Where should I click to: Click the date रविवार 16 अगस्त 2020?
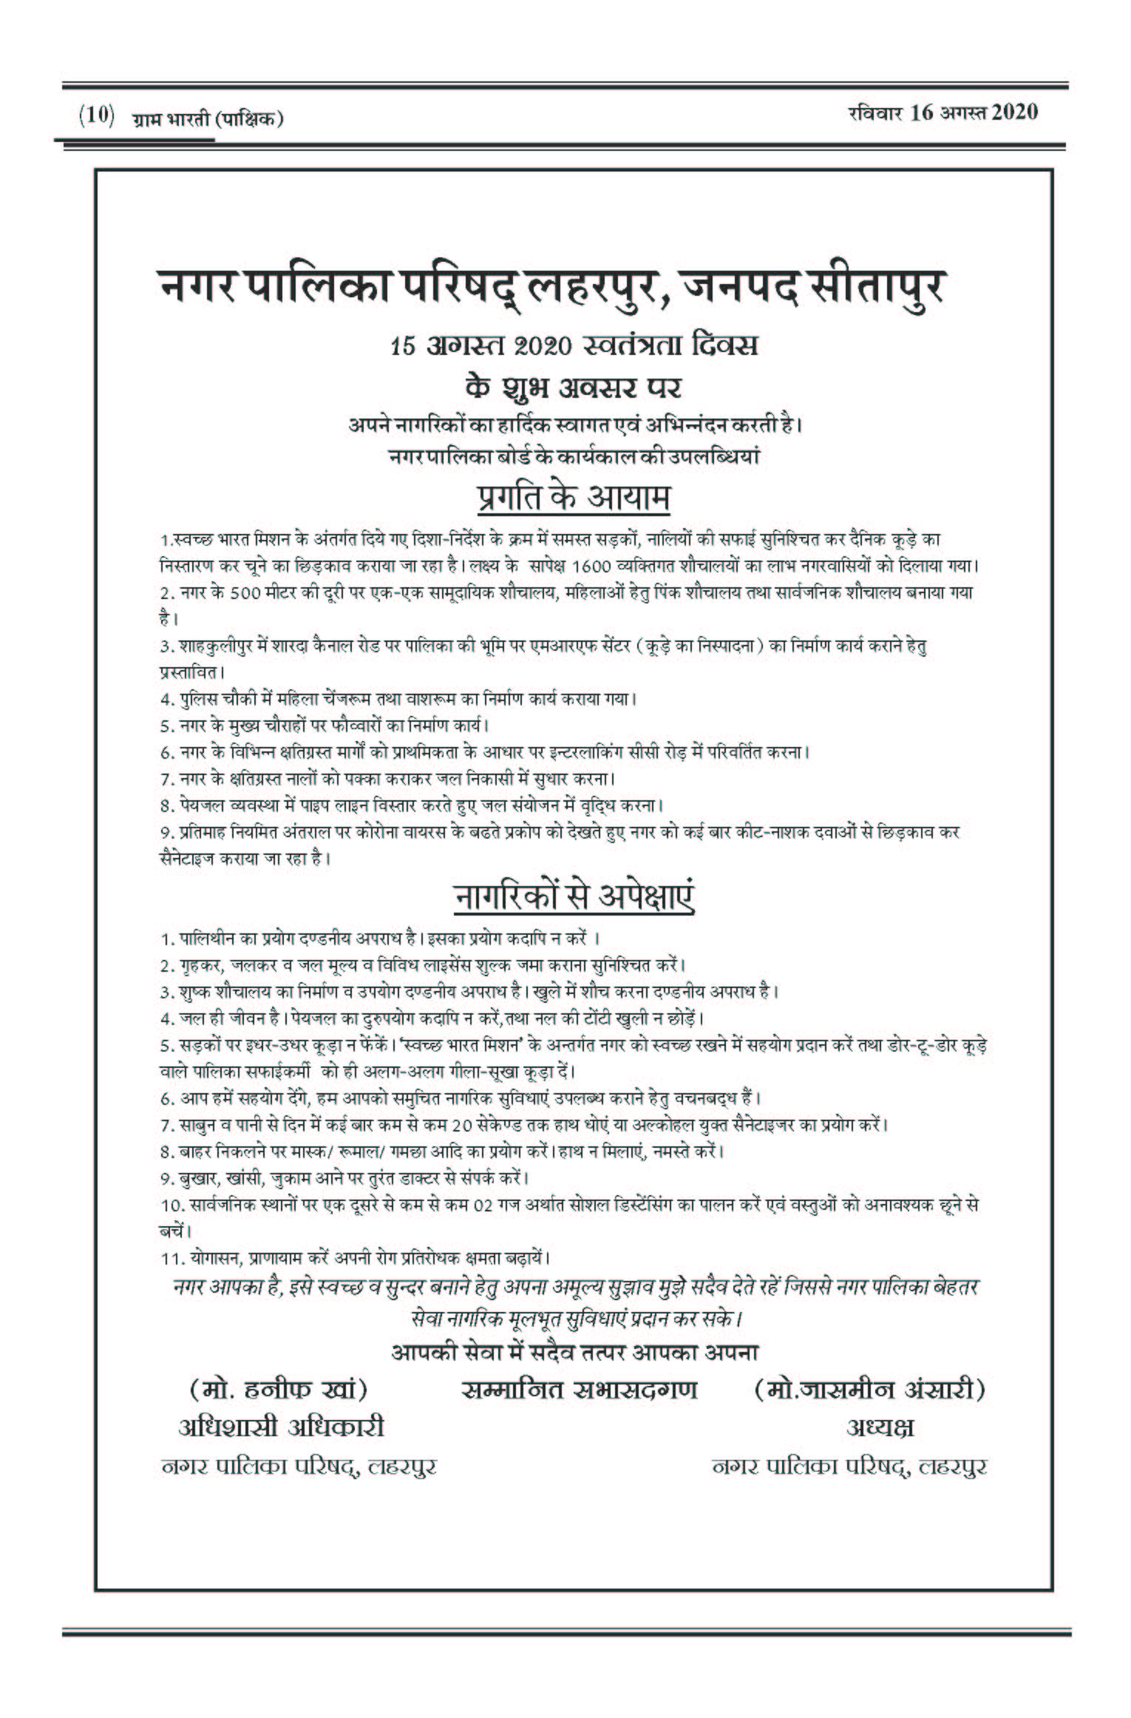(x=942, y=112)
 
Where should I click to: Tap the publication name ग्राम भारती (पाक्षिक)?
(x=207, y=118)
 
